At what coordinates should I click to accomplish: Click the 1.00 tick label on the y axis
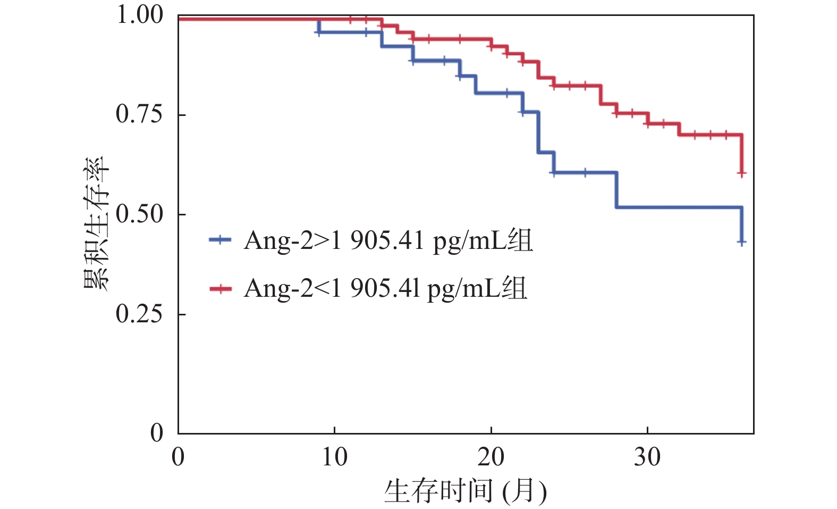click(x=139, y=15)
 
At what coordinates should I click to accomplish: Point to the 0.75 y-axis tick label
click(x=139, y=114)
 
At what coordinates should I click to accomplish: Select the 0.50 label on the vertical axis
click(x=139, y=214)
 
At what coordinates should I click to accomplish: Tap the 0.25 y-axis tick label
click(x=139, y=314)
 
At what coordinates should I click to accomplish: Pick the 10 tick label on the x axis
click(x=334, y=457)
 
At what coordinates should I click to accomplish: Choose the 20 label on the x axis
click(x=491, y=457)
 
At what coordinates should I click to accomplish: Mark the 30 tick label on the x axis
click(x=647, y=457)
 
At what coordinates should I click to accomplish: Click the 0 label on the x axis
click(x=178, y=457)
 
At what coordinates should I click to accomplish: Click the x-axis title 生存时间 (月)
click(x=465, y=490)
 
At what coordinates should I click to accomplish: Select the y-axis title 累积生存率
click(x=96, y=223)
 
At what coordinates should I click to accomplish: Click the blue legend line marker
click(x=220, y=240)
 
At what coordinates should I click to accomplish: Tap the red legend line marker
click(x=220, y=289)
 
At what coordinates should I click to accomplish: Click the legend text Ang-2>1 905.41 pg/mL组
click(x=388, y=240)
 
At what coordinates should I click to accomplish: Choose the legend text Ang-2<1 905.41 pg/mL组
click(x=385, y=289)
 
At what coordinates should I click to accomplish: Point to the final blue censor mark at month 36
click(x=741, y=242)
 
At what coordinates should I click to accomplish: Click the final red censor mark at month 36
click(x=741, y=173)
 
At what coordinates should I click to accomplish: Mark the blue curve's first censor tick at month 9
click(x=318, y=32)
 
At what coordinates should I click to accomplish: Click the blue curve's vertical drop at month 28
click(x=616, y=189)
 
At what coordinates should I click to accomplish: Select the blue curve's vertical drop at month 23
click(x=538, y=132)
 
